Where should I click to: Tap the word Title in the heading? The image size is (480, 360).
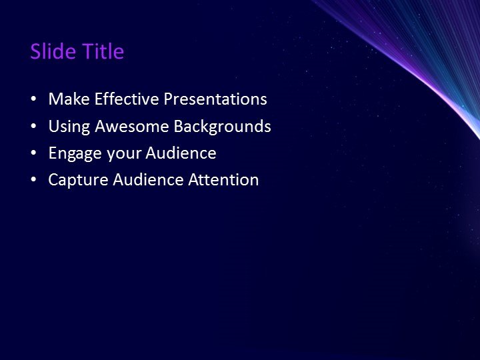click(x=103, y=51)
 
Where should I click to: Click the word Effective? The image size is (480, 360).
click(x=127, y=99)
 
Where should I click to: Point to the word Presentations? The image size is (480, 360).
click(x=215, y=99)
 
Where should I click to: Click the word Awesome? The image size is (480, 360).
click(x=132, y=126)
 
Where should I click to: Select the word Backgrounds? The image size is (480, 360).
click(x=223, y=126)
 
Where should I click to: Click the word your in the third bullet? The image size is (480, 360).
click(x=121, y=154)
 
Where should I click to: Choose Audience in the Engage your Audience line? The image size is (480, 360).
click(x=181, y=153)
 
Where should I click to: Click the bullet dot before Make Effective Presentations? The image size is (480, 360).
click(x=33, y=100)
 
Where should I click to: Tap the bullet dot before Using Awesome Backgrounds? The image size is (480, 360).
click(x=33, y=127)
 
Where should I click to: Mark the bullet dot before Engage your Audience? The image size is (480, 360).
click(x=33, y=153)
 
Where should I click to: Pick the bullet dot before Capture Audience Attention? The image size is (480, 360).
click(x=33, y=180)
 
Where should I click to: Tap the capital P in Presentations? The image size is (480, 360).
click(x=168, y=99)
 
